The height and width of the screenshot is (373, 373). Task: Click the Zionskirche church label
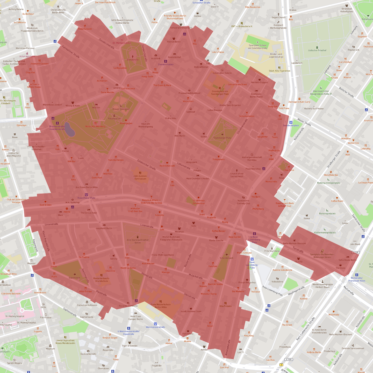(x=133, y=60)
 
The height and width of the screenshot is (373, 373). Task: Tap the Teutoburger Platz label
(x=222, y=138)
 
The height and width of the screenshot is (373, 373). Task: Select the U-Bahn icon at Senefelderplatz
(x=291, y=122)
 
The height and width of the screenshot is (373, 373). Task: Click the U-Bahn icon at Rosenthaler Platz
(x=86, y=195)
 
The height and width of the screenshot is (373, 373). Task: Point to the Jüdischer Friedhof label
(x=317, y=51)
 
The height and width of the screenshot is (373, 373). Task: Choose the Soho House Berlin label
(x=347, y=260)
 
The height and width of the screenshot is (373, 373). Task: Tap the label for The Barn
(x=256, y=197)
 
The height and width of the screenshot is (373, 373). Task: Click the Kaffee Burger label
(x=219, y=231)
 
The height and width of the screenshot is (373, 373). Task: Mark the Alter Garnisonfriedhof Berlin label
(x=138, y=241)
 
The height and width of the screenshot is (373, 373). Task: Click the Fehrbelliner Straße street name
(x=71, y=52)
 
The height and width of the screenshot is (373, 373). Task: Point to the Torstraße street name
(x=298, y=250)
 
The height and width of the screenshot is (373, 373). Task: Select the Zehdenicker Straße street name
(x=146, y=165)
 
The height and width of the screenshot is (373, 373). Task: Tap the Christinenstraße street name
(x=242, y=126)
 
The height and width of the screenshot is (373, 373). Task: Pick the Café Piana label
(x=284, y=108)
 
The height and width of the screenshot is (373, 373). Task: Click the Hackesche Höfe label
(x=88, y=354)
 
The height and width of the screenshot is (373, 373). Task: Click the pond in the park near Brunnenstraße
(x=69, y=129)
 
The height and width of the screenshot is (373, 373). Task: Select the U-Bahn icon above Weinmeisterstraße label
(x=155, y=324)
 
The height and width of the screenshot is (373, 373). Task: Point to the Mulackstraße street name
(x=196, y=276)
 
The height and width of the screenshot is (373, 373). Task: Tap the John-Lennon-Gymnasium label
(x=140, y=177)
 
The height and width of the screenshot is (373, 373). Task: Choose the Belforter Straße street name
(x=346, y=92)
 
